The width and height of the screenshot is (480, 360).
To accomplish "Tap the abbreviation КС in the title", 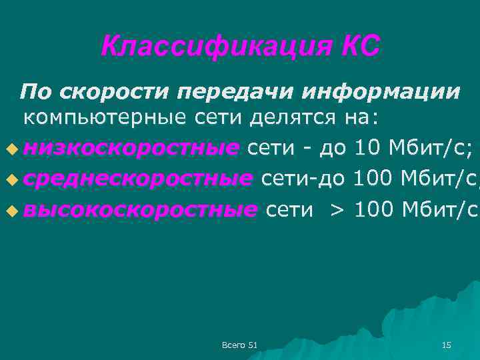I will [x=361, y=46].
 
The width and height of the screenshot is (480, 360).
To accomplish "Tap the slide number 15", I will [x=447, y=345].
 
